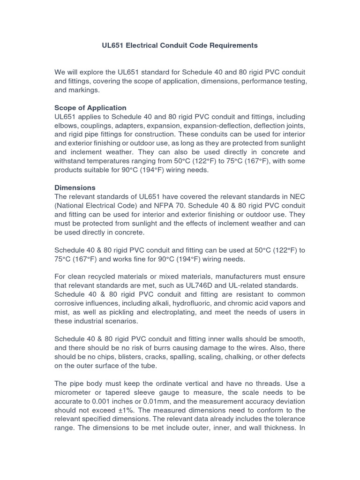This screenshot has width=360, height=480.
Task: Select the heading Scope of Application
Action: (90, 107)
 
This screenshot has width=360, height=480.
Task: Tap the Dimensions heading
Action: (75, 187)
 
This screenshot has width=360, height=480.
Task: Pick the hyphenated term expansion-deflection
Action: (231, 125)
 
